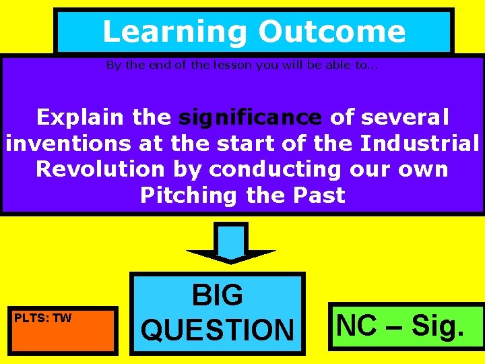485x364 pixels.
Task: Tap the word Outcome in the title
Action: coord(332,32)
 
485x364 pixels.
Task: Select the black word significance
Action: coord(250,117)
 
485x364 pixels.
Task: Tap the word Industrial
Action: coord(420,144)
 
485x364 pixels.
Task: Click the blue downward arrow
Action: coord(230,243)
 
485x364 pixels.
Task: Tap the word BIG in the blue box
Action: coord(217,295)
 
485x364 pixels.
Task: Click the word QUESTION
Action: coord(218,330)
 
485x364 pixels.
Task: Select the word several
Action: coord(405,117)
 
